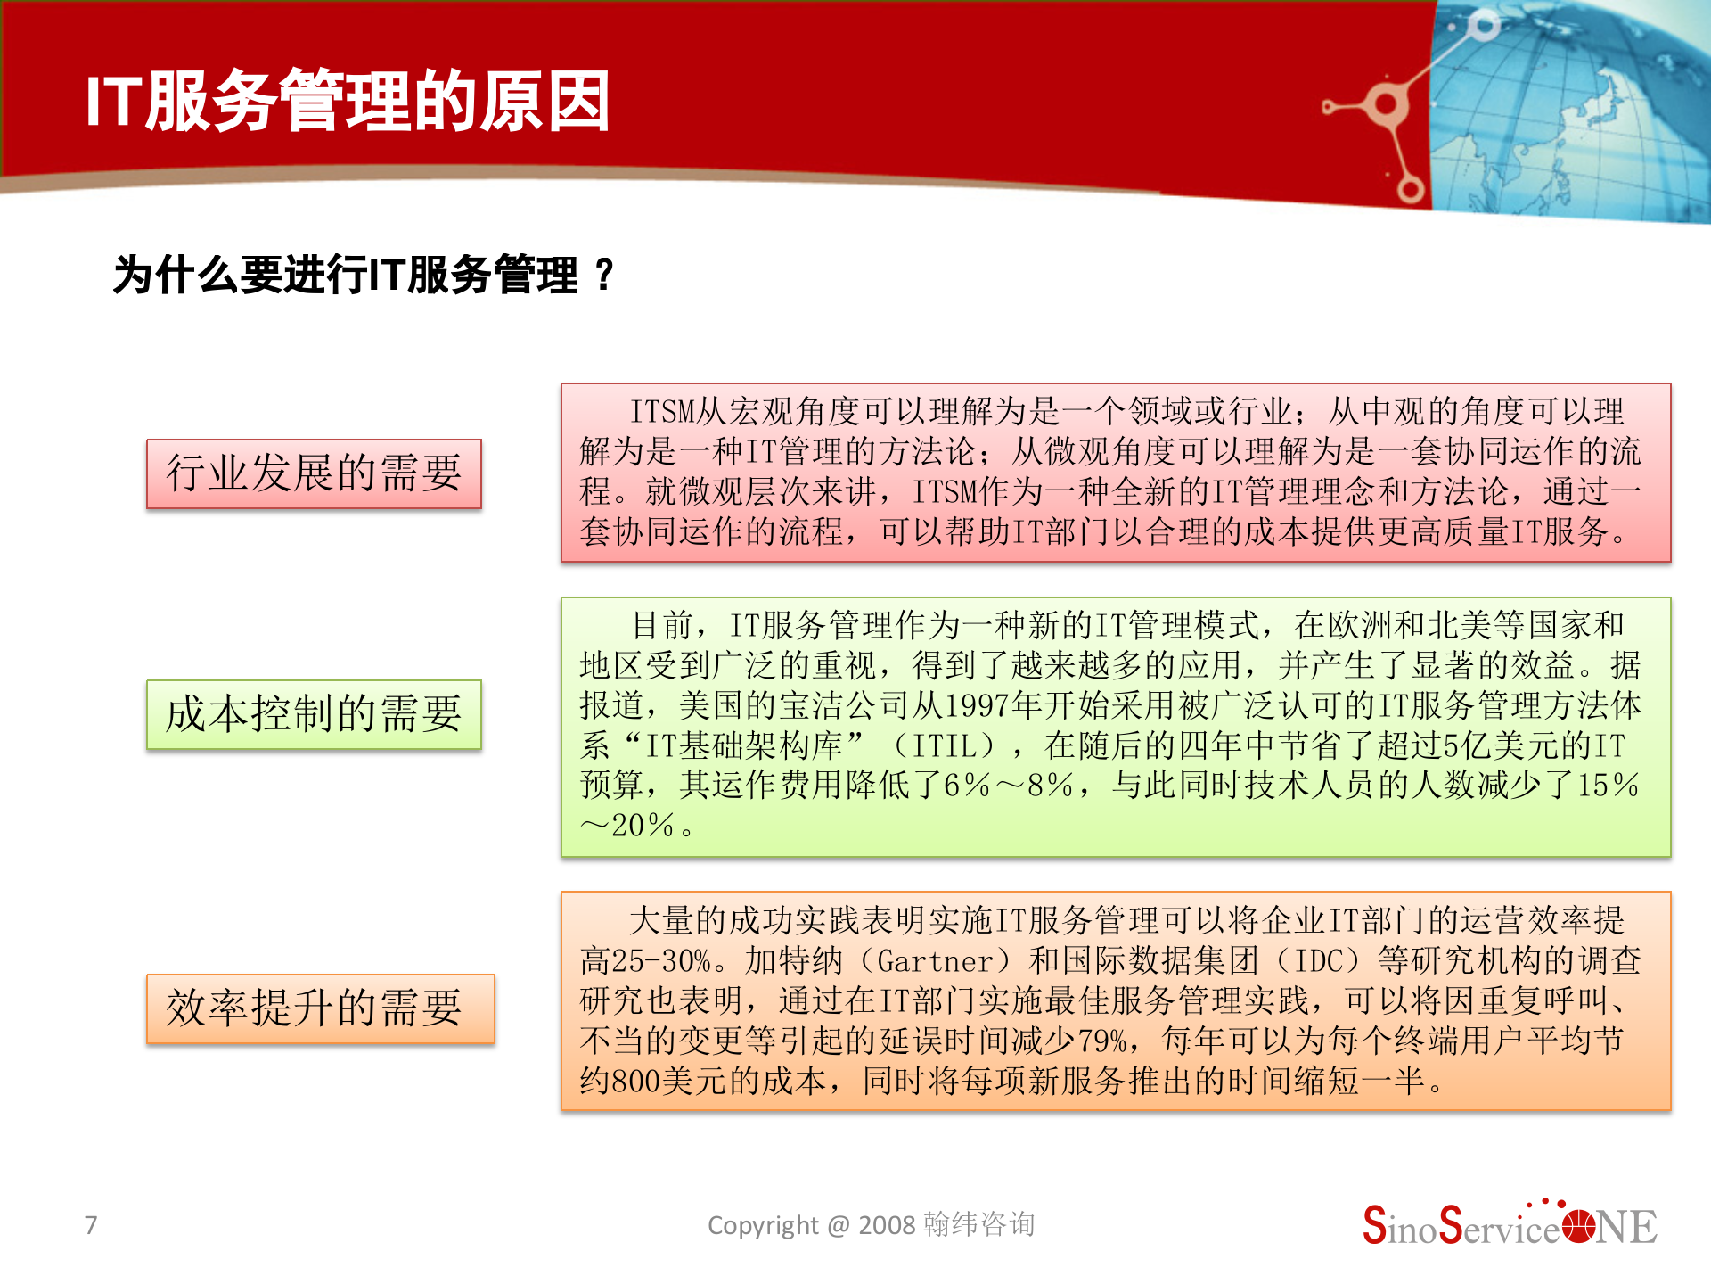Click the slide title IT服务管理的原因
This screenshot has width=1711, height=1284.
coord(348,102)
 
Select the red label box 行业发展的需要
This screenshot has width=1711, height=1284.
coord(314,473)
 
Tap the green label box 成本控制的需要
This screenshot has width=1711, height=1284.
coord(314,714)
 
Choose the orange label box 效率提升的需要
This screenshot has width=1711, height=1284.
coord(320,1008)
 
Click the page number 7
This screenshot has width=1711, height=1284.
coord(91,1225)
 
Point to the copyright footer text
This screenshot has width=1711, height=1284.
coord(871,1225)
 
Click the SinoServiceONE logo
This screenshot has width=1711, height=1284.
coord(1510,1226)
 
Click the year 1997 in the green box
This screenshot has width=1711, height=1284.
coord(977,706)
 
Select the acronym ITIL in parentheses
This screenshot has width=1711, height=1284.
coord(954,746)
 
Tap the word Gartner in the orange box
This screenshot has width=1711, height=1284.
coord(935,961)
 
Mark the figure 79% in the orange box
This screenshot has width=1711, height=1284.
coord(1103,1041)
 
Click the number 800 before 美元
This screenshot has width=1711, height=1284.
coord(636,1082)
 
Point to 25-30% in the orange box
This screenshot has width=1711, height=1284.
coord(661,961)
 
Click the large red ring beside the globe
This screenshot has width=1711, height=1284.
coord(1384,105)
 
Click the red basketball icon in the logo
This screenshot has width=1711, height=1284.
coord(1578,1227)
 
